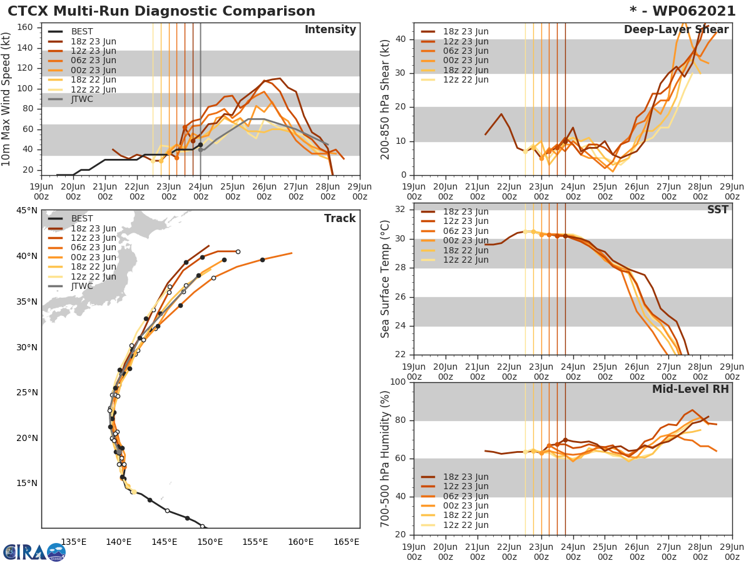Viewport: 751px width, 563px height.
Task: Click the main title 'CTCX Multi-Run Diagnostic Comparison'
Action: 161,11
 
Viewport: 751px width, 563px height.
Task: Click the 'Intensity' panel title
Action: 330,30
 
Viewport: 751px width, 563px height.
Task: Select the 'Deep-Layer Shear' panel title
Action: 676,30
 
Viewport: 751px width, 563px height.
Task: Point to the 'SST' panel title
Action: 717,210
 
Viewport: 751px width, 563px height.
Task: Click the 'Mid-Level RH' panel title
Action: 690,389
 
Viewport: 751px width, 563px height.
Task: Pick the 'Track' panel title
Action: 340,218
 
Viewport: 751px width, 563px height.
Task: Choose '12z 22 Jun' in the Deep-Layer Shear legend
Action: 466,79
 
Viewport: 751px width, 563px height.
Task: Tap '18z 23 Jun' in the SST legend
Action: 466,211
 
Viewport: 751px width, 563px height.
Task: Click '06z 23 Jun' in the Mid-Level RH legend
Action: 466,496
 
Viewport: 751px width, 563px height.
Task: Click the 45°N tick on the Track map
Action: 28,210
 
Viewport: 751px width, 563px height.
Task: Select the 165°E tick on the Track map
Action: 346,542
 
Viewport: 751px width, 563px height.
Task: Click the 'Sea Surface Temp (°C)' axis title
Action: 386,278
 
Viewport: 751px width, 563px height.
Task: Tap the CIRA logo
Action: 34,552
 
